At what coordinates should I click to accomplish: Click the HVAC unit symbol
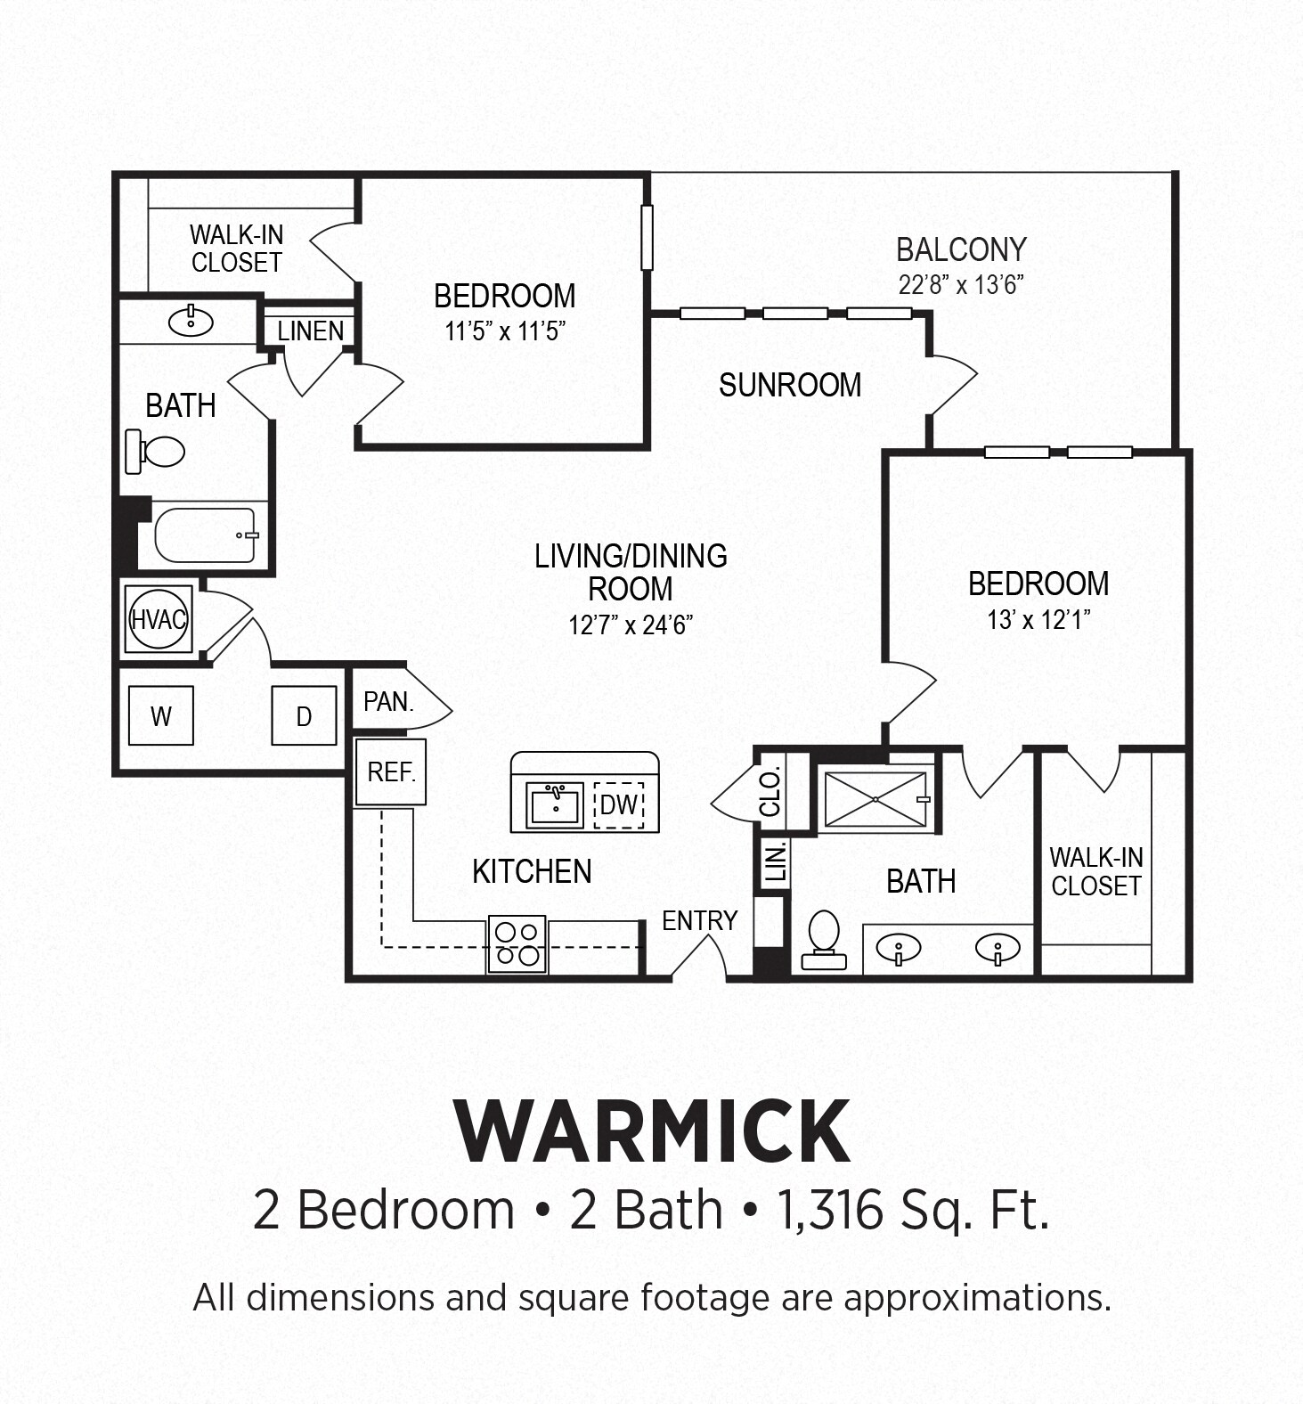click(x=159, y=619)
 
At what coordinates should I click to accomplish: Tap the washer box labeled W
click(x=161, y=715)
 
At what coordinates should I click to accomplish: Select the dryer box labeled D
click(x=304, y=715)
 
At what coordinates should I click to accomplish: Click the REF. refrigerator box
click(x=391, y=771)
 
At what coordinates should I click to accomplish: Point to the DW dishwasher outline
click(x=619, y=804)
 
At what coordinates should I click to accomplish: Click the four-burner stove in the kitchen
click(x=517, y=944)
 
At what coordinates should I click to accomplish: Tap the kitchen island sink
click(x=554, y=804)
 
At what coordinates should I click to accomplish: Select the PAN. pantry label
click(x=388, y=702)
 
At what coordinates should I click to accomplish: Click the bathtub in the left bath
click(x=206, y=535)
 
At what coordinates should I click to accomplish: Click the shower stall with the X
click(x=875, y=799)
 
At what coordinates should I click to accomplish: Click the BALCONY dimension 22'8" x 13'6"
click(x=961, y=285)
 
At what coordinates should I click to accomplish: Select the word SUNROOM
click(x=790, y=385)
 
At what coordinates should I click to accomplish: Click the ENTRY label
click(x=699, y=920)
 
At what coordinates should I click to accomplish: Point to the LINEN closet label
click(x=310, y=331)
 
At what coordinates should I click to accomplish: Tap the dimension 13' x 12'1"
click(x=1038, y=619)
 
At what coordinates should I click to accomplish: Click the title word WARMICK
click(x=653, y=1131)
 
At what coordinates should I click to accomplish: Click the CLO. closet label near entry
click(x=770, y=792)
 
